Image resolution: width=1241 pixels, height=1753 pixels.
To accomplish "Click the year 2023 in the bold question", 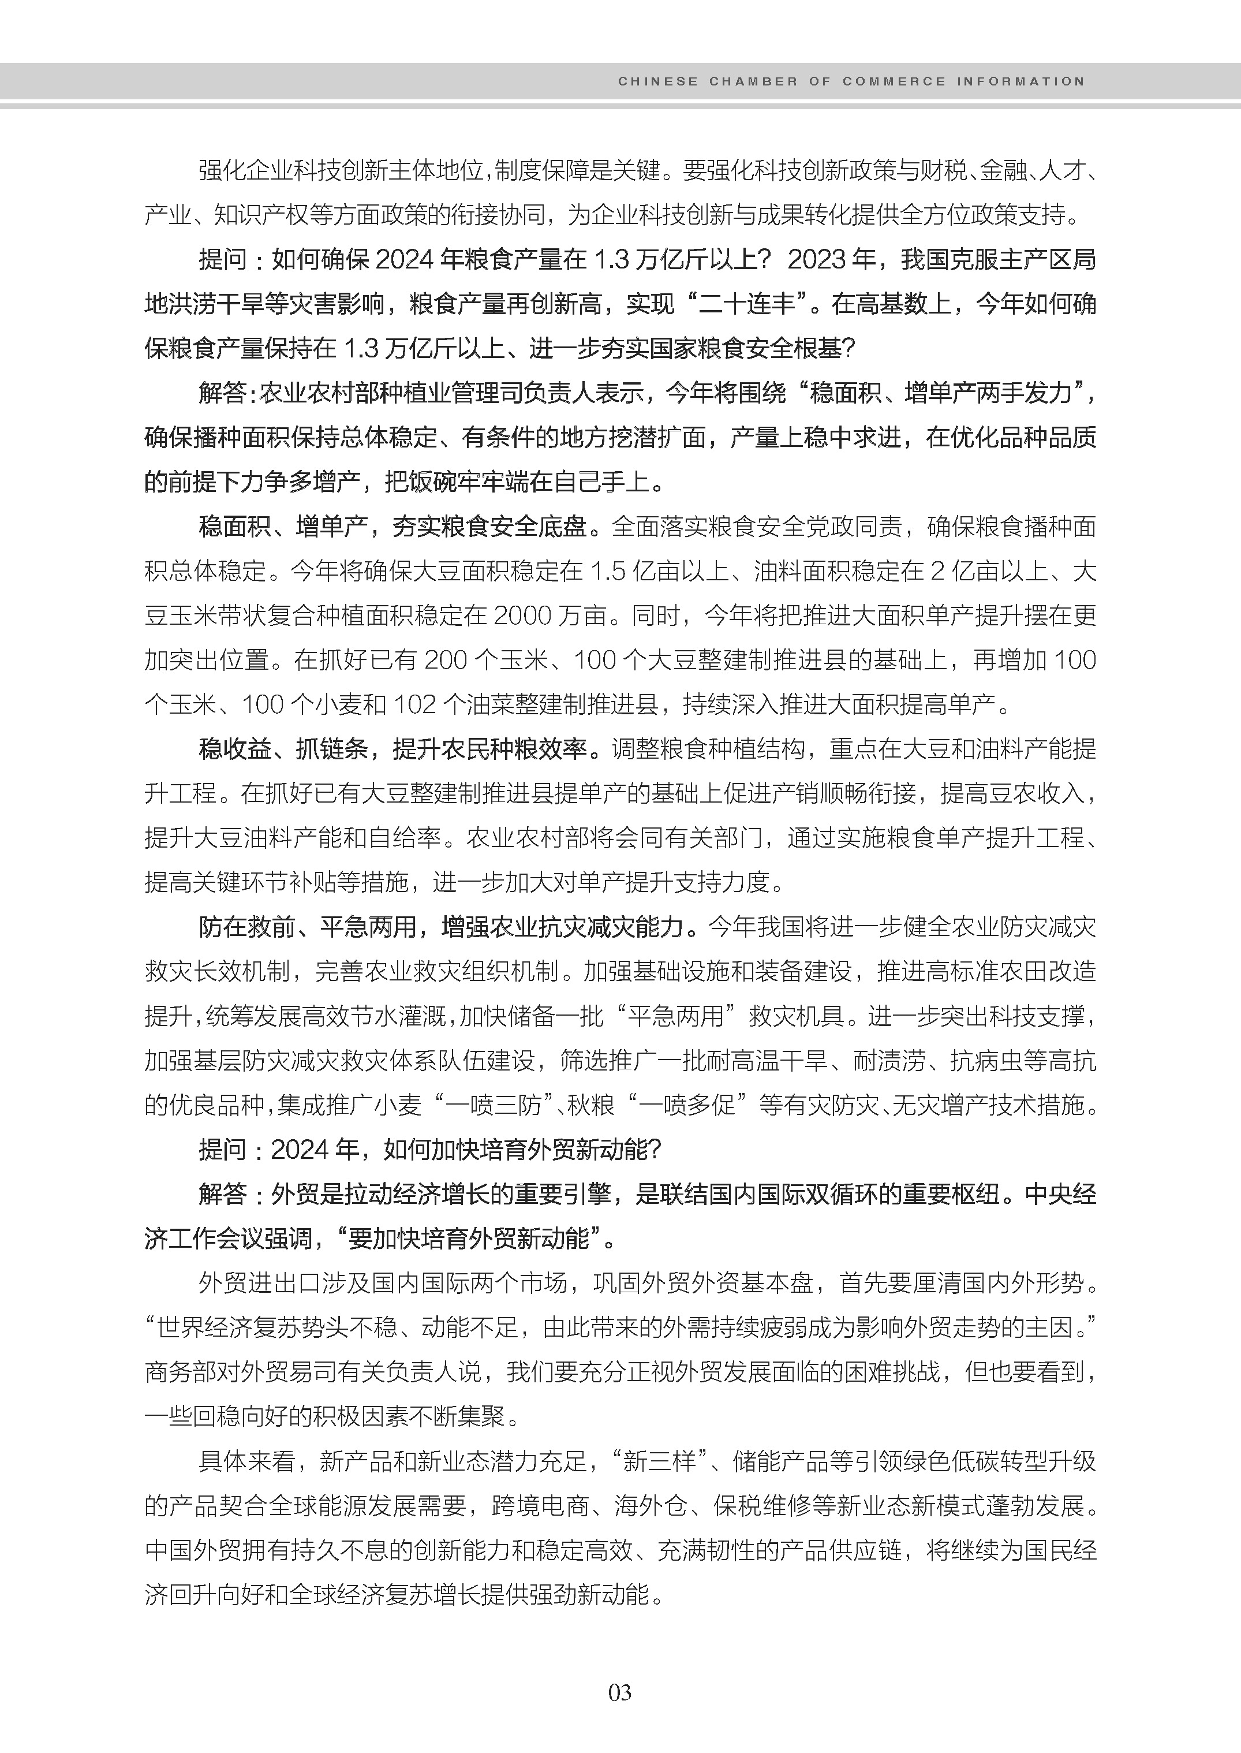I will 818,260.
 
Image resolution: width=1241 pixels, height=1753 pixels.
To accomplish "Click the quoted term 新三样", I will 660,1461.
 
